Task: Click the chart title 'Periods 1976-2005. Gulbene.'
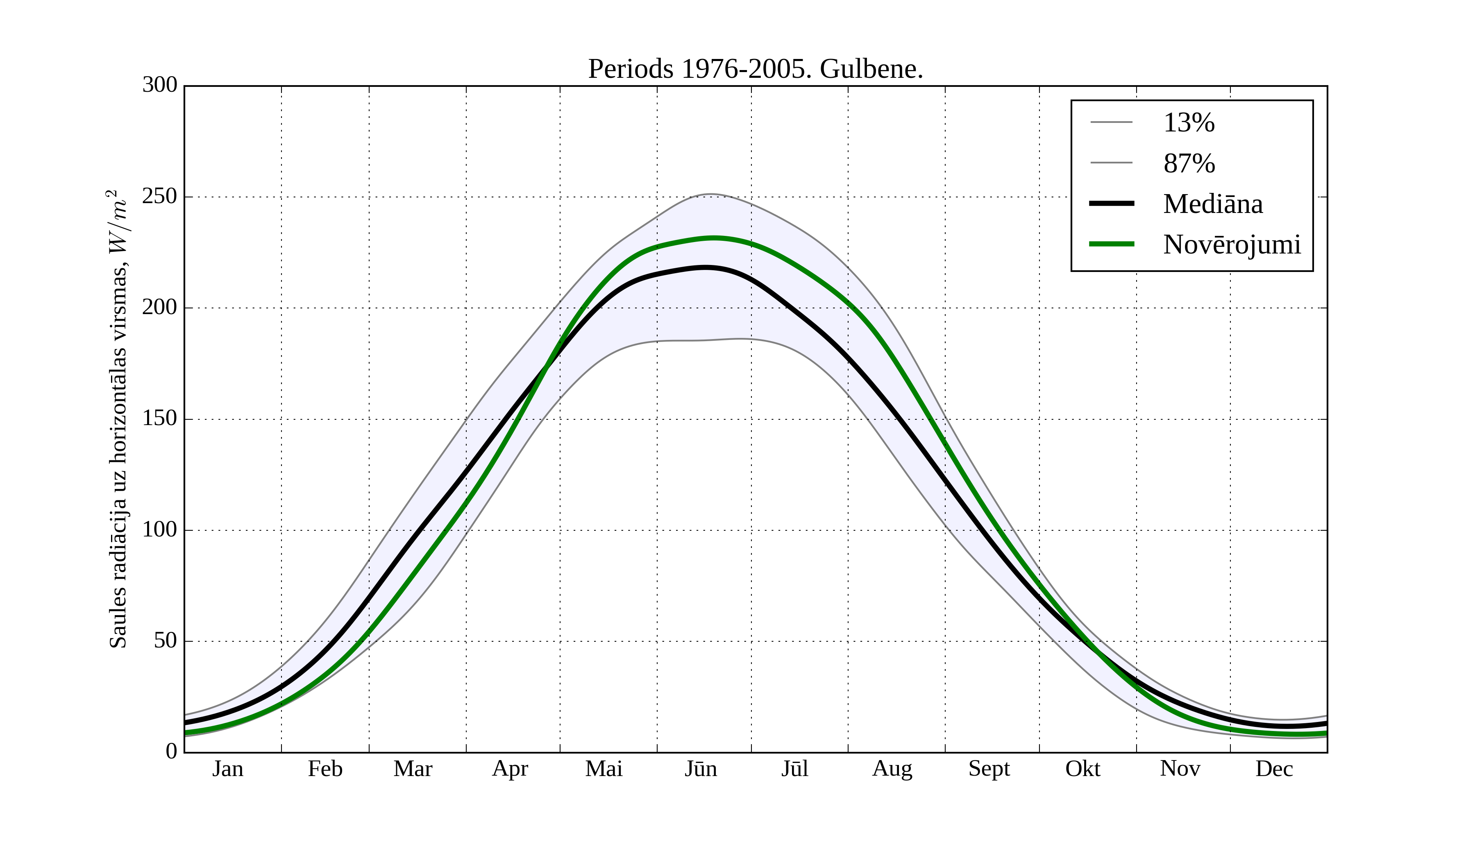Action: point(755,69)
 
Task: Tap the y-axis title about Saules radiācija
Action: point(118,419)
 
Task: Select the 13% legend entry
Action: point(1189,123)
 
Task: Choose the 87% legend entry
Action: point(1189,163)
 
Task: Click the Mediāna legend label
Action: point(1213,204)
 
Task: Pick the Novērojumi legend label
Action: point(1232,244)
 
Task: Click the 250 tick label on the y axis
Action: point(159,197)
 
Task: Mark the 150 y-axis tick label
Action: point(159,419)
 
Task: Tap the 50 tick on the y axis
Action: point(165,641)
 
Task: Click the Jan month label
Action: point(228,769)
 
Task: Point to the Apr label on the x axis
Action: point(510,769)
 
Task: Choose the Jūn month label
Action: point(701,769)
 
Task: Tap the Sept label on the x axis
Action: point(989,769)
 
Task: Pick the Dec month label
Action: point(1274,769)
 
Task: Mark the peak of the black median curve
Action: point(706,267)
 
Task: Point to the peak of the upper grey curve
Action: point(709,194)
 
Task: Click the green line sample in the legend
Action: point(1111,244)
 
